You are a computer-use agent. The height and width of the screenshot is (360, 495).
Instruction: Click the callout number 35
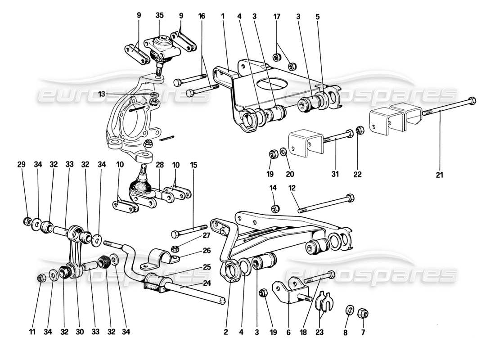pos(160,14)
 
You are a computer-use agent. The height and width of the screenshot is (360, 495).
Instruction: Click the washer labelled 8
pos(349,310)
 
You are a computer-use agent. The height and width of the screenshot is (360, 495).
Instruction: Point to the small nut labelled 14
pos(274,208)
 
